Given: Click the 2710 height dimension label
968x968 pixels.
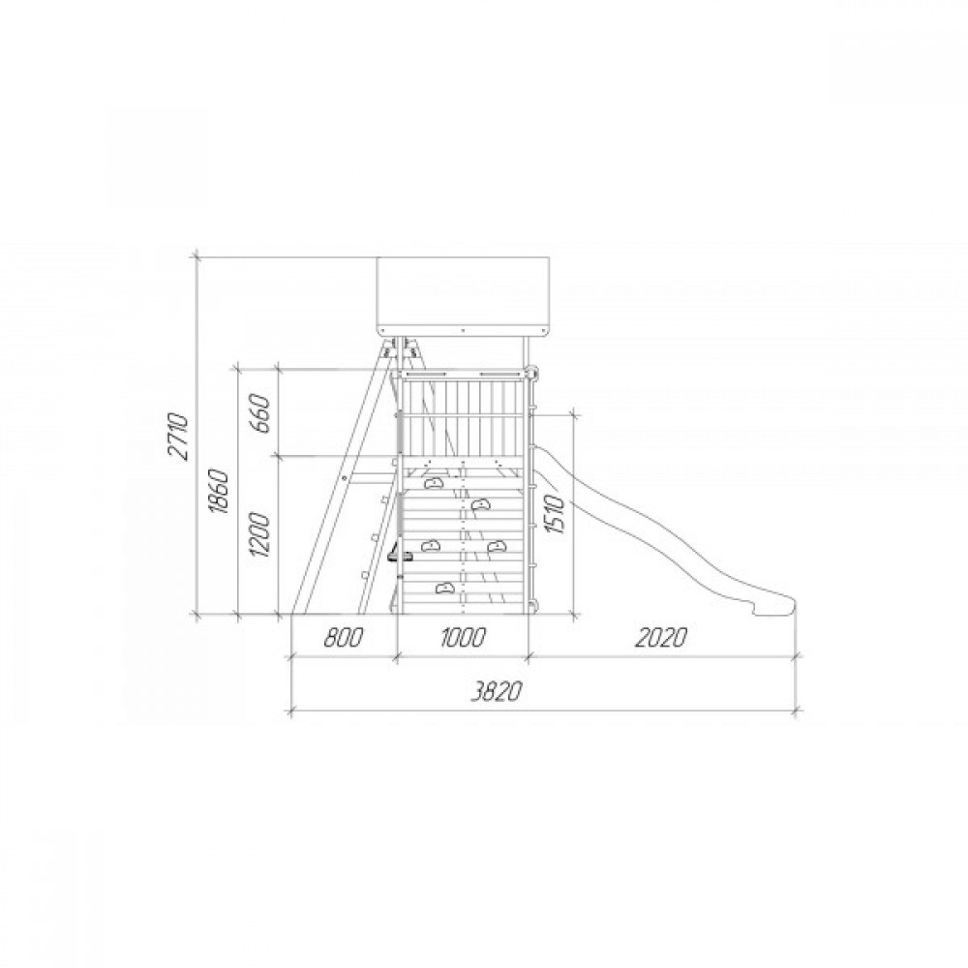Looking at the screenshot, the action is pyautogui.click(x=180, y=437).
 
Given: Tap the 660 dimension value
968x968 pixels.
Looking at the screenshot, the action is pyautogui.click(x=260, y=413).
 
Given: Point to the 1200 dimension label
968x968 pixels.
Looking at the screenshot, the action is pyautogui.click(x=260, y=535).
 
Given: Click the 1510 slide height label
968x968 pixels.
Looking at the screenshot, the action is pyautogui.click(x=555, y=514).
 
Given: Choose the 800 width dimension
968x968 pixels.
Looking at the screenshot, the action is pyautogui.click(x=343, y=637).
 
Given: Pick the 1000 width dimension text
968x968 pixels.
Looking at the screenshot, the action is pyautogui.click(x=463, y=637).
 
